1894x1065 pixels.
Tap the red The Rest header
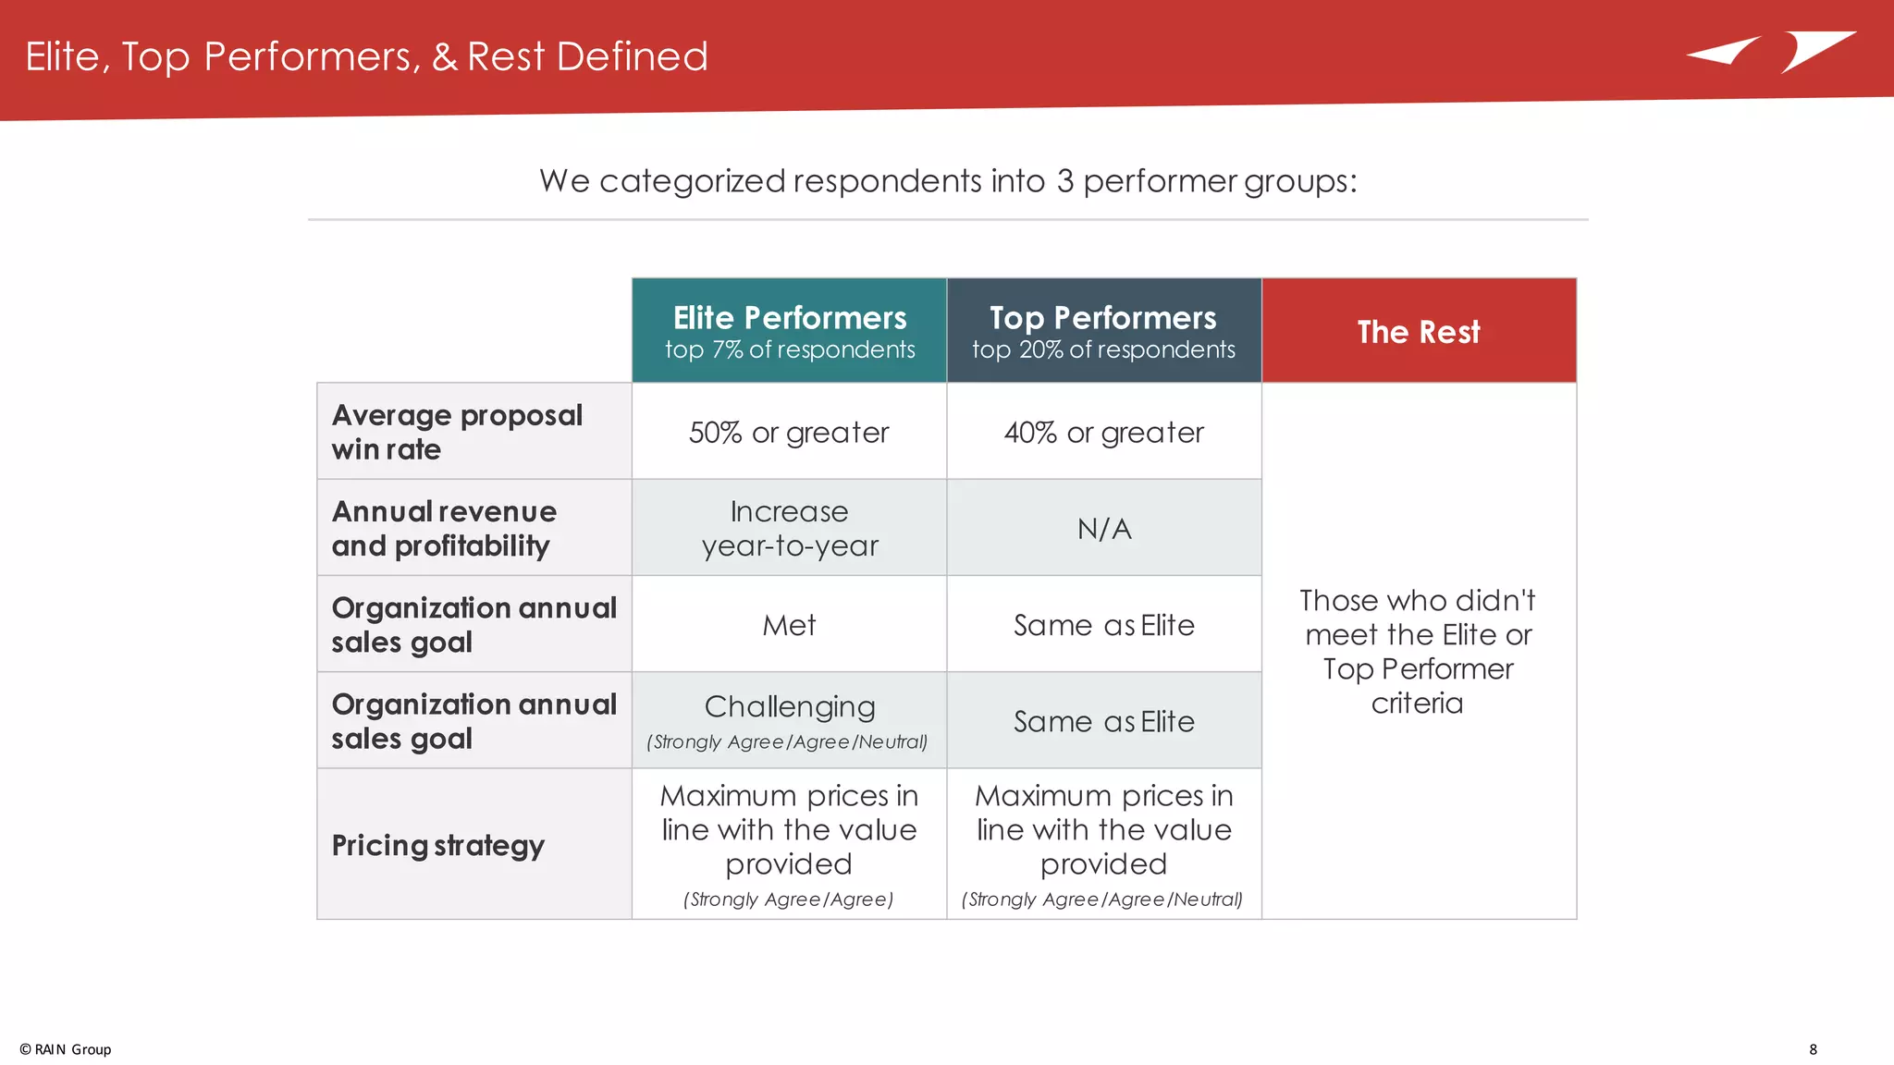coord(1419,331)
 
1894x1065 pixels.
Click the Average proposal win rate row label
coord(457,432)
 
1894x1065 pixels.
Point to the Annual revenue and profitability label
coord(444,528)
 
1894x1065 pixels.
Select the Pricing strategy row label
coord(437,845)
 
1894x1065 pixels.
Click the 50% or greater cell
coord(789,432)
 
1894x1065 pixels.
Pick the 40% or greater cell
coord(1103,432)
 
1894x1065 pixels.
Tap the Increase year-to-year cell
coord(789,528)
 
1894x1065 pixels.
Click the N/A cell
coord(1103,529)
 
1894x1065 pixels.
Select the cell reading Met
coord(789,625)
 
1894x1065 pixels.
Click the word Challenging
coord(789,706)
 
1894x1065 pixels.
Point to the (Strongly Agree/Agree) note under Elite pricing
coord(788,900)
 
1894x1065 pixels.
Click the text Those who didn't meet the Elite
coord(1418,618)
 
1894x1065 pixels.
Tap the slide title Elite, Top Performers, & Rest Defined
coord(366,56)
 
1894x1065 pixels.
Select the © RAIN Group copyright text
coord(66,1049)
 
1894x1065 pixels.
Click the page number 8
coord(1813,1049)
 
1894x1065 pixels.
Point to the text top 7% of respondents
coord(789,349)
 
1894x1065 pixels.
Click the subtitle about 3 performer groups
coord(948,180)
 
